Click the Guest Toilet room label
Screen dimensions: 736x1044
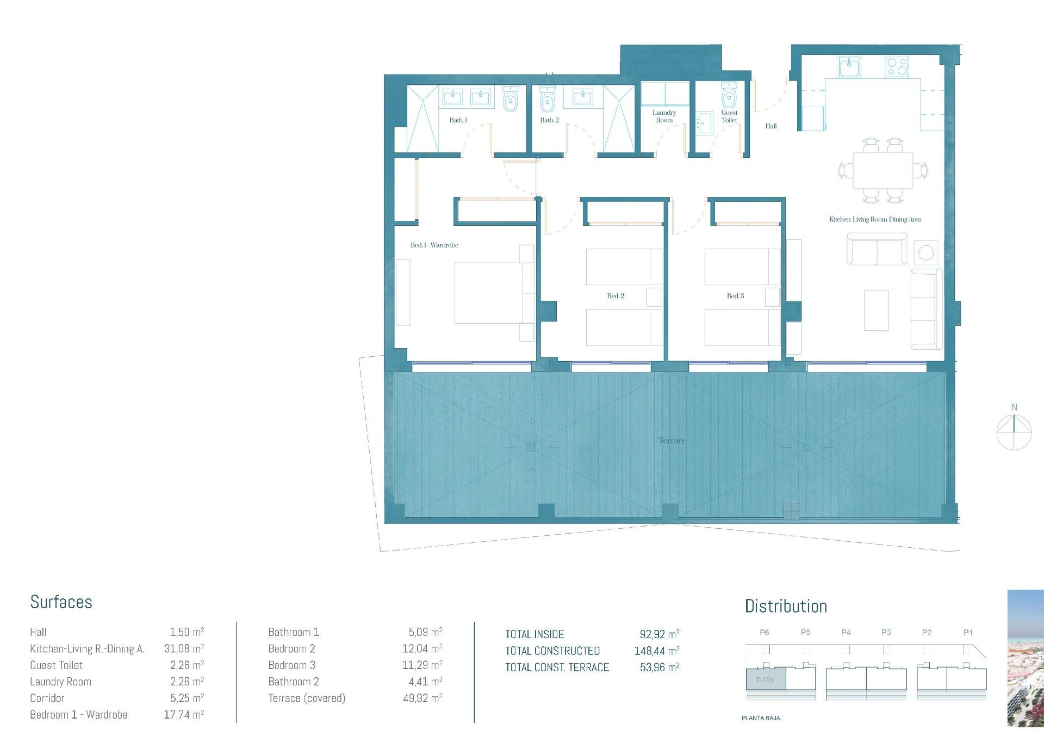[x=729, y=116]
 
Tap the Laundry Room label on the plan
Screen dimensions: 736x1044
[x=664, y=116]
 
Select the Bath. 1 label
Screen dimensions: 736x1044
[x=458, y=120]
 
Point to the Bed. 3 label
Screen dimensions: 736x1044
[x=735, y=296]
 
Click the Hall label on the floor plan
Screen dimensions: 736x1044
[x=770, y=126]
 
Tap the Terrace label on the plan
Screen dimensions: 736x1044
[x=672, y=441]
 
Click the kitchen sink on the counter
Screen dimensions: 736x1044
[x=848, y=67]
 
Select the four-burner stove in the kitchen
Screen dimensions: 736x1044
[x=896, y=67]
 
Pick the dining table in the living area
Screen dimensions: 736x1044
[x=883, y=171]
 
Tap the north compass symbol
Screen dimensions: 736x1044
[x=1014, y=431]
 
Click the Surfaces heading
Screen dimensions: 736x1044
[x=61, y=602]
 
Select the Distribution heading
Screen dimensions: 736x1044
[x=786, y=607]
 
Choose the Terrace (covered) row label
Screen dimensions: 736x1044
[x=307, y=698]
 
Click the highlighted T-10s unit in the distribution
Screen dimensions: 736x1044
[x=765, y=680]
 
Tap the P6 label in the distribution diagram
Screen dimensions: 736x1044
[x=765, y=633]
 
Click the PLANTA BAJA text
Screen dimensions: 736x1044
[x=761, y=718]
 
